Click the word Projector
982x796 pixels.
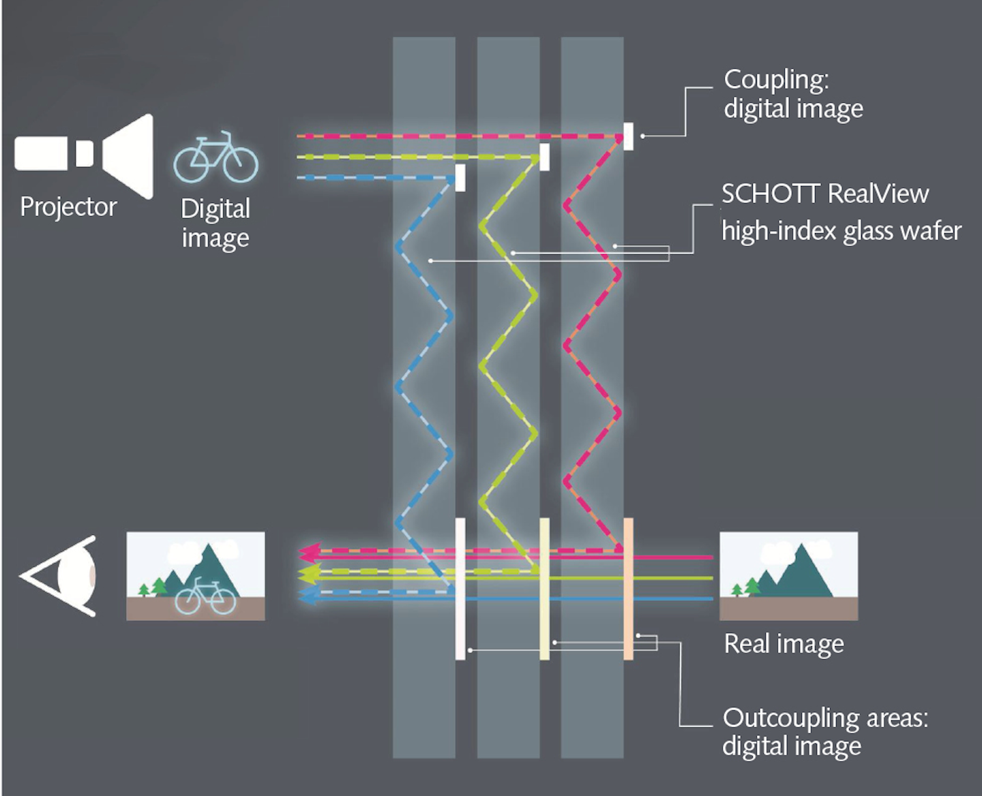[x=68, y=206]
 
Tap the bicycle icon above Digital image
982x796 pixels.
[x=215, y=158]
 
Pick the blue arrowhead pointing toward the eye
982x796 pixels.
[x=309, y=596]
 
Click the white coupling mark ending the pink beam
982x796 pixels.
[x=628, y=136]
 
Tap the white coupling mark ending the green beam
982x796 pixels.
[x=544, y=157]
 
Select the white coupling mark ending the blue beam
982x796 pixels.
[x=460, y=178]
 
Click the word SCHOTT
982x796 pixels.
[x=770, y=194]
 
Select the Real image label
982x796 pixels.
[x=784, y=644]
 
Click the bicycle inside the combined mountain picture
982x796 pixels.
[x=205, y=597]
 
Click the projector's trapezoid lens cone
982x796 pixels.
[x=130, y=157]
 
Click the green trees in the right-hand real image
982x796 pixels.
[x=746, y=587]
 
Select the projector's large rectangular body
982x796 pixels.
[x=41, y=153]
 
